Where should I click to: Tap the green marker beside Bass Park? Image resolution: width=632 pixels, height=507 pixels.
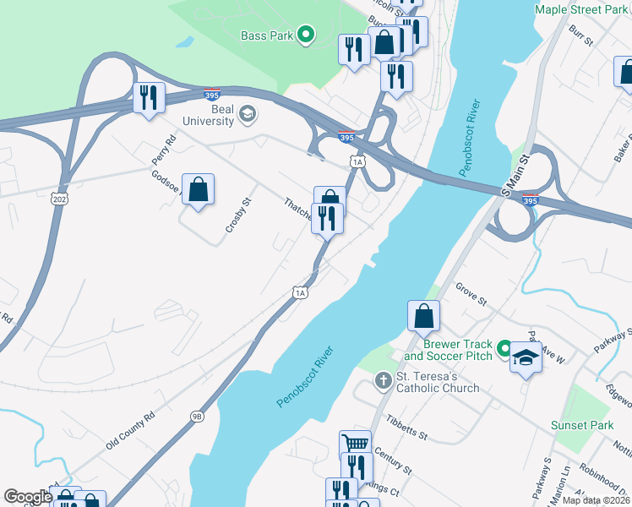point(306,35)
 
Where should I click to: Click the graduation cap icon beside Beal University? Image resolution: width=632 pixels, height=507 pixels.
point(248,113)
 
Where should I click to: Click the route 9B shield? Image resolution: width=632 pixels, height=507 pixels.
point(197,415)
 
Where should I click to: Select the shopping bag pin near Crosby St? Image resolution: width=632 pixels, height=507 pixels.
point(198,189)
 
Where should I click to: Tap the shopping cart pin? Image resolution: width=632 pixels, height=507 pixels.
point(356,444)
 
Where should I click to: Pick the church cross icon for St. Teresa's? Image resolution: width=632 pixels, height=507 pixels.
point(382,381)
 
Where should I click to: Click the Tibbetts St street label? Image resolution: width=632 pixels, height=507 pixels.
point(407,428)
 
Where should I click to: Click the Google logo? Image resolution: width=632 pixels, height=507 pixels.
point(28,496)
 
